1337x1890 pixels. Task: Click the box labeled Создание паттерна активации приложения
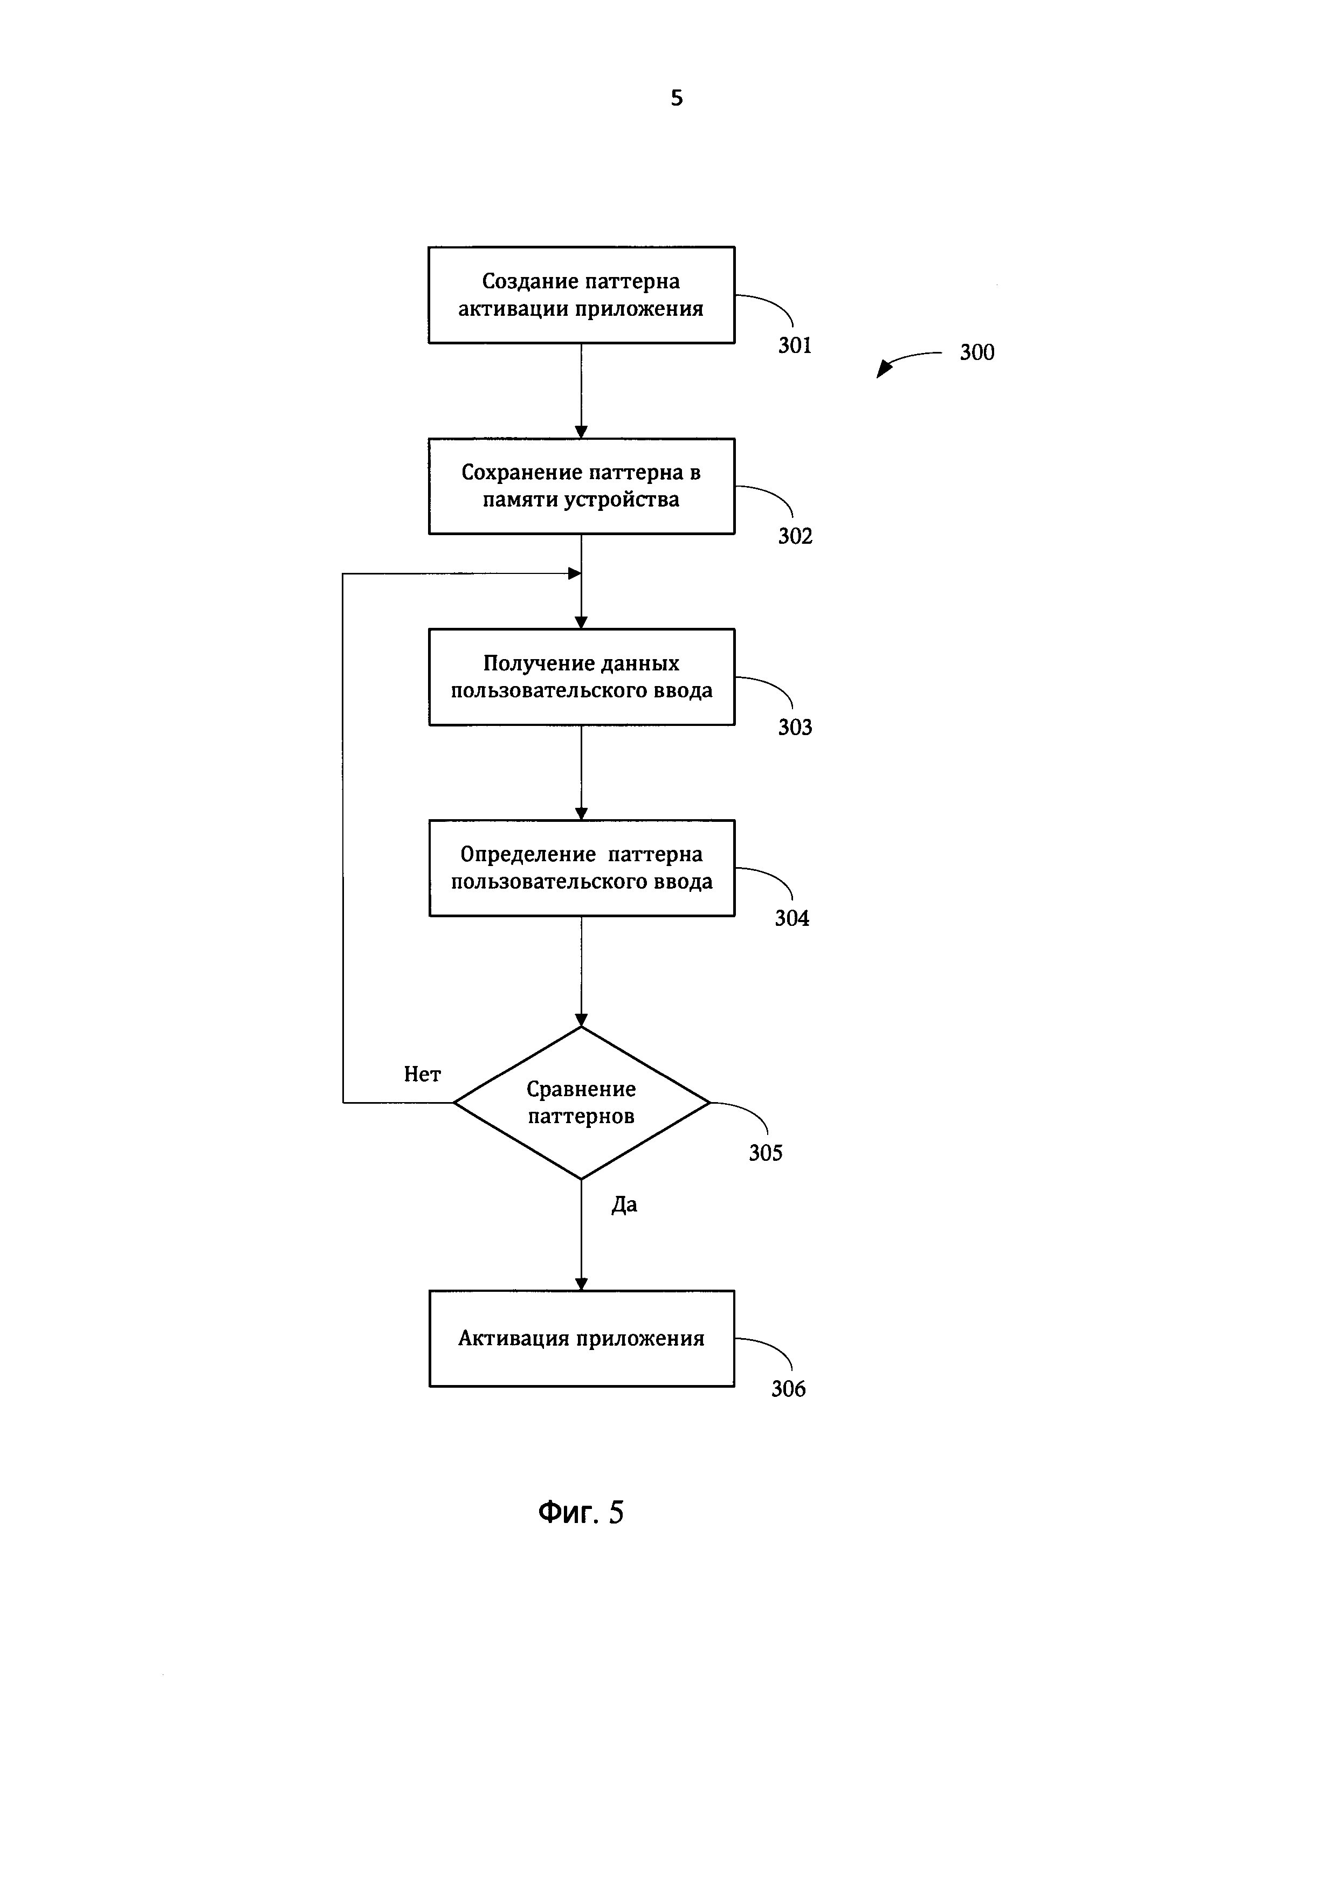point(581,295)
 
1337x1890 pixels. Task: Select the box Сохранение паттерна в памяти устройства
point(581,486)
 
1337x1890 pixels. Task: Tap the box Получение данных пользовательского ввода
point(581,677)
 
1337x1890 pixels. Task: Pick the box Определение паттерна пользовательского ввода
point(581,868)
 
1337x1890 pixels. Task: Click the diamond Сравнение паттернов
point(581,1102)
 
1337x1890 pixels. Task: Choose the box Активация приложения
point(581,1339)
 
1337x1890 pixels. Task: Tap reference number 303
point(795,728)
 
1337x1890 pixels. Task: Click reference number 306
point(788,1389)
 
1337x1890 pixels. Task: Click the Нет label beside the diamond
point(422,1074)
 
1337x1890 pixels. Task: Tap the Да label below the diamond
point(624,1205)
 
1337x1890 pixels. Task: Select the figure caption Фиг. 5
point(581,1513)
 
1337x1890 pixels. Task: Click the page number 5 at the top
point(677,98)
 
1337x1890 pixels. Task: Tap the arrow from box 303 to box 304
point(581,773)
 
